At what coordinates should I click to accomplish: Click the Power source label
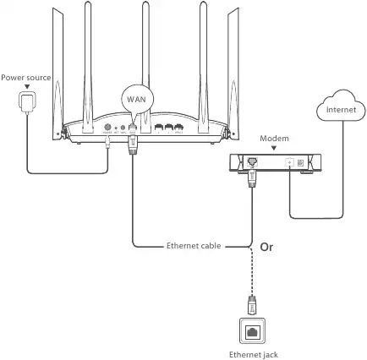tap(25, 77)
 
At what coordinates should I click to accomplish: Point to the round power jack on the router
tap(107, 129)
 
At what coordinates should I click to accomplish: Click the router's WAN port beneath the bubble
tap(132, 129)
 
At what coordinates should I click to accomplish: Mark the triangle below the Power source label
tap(25, 86)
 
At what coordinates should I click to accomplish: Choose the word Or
tap(265, 248)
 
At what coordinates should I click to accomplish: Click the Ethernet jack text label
tap(254, 354)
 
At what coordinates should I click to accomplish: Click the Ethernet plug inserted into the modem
tap(252, 175)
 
